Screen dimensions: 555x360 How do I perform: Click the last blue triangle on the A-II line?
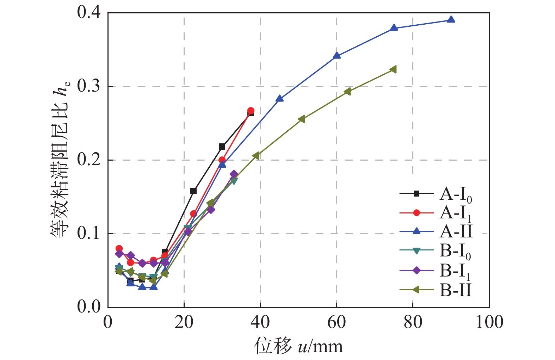[451, 20]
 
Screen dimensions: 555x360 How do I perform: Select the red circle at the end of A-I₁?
[251, 111]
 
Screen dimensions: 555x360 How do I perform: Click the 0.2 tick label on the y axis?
[89, 160]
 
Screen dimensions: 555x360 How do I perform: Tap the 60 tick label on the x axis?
[337, 322]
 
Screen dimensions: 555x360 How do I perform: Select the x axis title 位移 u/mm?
[298, 346]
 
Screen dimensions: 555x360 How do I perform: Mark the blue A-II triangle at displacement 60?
[337, 55]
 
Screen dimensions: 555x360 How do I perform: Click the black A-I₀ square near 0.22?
[222, 147]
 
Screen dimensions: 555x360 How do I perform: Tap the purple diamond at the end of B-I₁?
[234, 174]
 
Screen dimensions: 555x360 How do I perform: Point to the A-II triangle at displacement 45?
[279, 99]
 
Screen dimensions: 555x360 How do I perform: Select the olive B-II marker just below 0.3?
[347, 92]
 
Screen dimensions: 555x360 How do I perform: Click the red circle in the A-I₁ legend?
[417, 213]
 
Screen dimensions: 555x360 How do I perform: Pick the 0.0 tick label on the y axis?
[89, 307]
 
